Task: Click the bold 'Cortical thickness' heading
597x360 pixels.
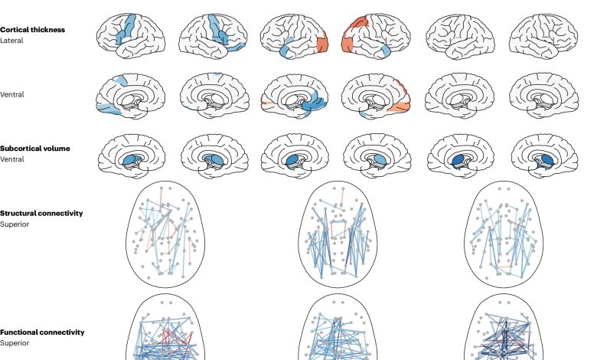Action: click(32, 30)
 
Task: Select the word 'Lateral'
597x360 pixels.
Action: click(11, 41)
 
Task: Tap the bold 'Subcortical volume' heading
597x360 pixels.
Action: click(35, 149)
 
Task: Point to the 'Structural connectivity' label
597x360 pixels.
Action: click(41, 214)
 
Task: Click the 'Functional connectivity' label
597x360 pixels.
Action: click(42, 332)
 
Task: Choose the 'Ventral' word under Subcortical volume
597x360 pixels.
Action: click(11, 159)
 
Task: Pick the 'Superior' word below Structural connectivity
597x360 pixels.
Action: click(15, 224)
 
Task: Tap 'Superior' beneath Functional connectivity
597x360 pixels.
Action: click(15, 343)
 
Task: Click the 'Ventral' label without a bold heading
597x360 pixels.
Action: click(11, 94)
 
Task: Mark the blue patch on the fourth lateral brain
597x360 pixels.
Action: click(383, 51)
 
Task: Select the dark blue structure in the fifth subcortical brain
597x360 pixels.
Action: click(458, 159)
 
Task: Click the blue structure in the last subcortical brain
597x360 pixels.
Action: click(547, 159)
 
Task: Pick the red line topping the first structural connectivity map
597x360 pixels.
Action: click(161, 197)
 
